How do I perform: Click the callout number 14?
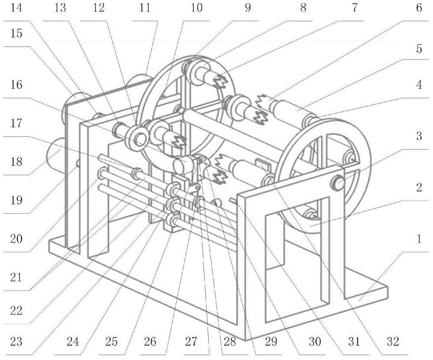[x=16, y=7]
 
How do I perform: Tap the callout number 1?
[x=419, y=238]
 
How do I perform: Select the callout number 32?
[x=393, y=342]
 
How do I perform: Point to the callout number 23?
[x=16, y=342]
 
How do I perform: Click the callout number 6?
[x=419, y=7]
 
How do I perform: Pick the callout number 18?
[x=16, y=161]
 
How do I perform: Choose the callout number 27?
[x=191, y=342]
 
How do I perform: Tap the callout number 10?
[x=196, y=7]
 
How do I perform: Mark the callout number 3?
[x=419, y=136]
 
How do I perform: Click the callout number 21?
[x=16, y=277]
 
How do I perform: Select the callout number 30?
[x=314, y=342]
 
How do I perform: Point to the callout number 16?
[x=16, y=85]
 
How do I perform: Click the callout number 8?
[x=303, y=7]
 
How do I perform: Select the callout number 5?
[x=419, y=49]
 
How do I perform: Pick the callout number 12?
[x=98, y=7]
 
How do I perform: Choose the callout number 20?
[x=16, y=238]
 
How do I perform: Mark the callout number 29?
[x=271, y=342]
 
